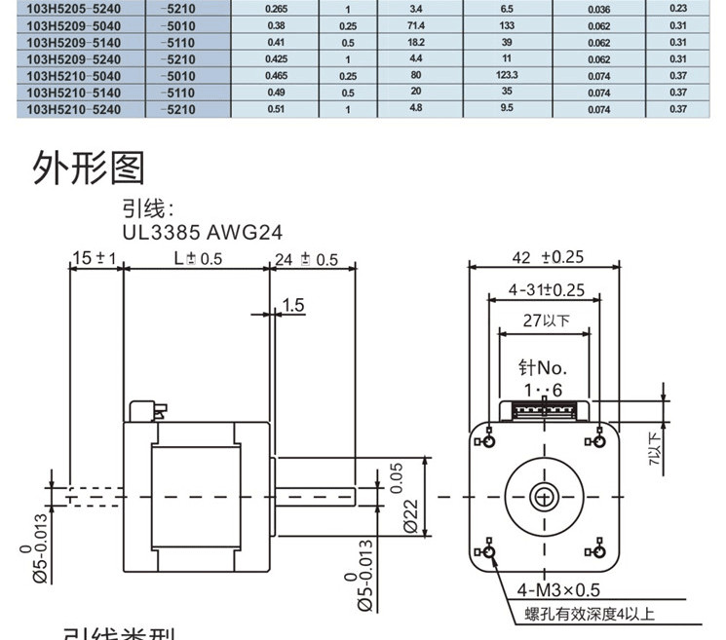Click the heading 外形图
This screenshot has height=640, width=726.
coord(89,168)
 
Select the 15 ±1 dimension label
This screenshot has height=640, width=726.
coord(94,258)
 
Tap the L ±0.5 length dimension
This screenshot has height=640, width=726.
coord(197,259)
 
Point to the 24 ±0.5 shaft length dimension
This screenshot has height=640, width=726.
coord(306,259)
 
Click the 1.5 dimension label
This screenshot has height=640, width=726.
coord(292,306)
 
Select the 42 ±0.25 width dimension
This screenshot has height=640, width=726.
coord(546,258)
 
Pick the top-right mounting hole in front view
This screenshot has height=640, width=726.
coord(596,442)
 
